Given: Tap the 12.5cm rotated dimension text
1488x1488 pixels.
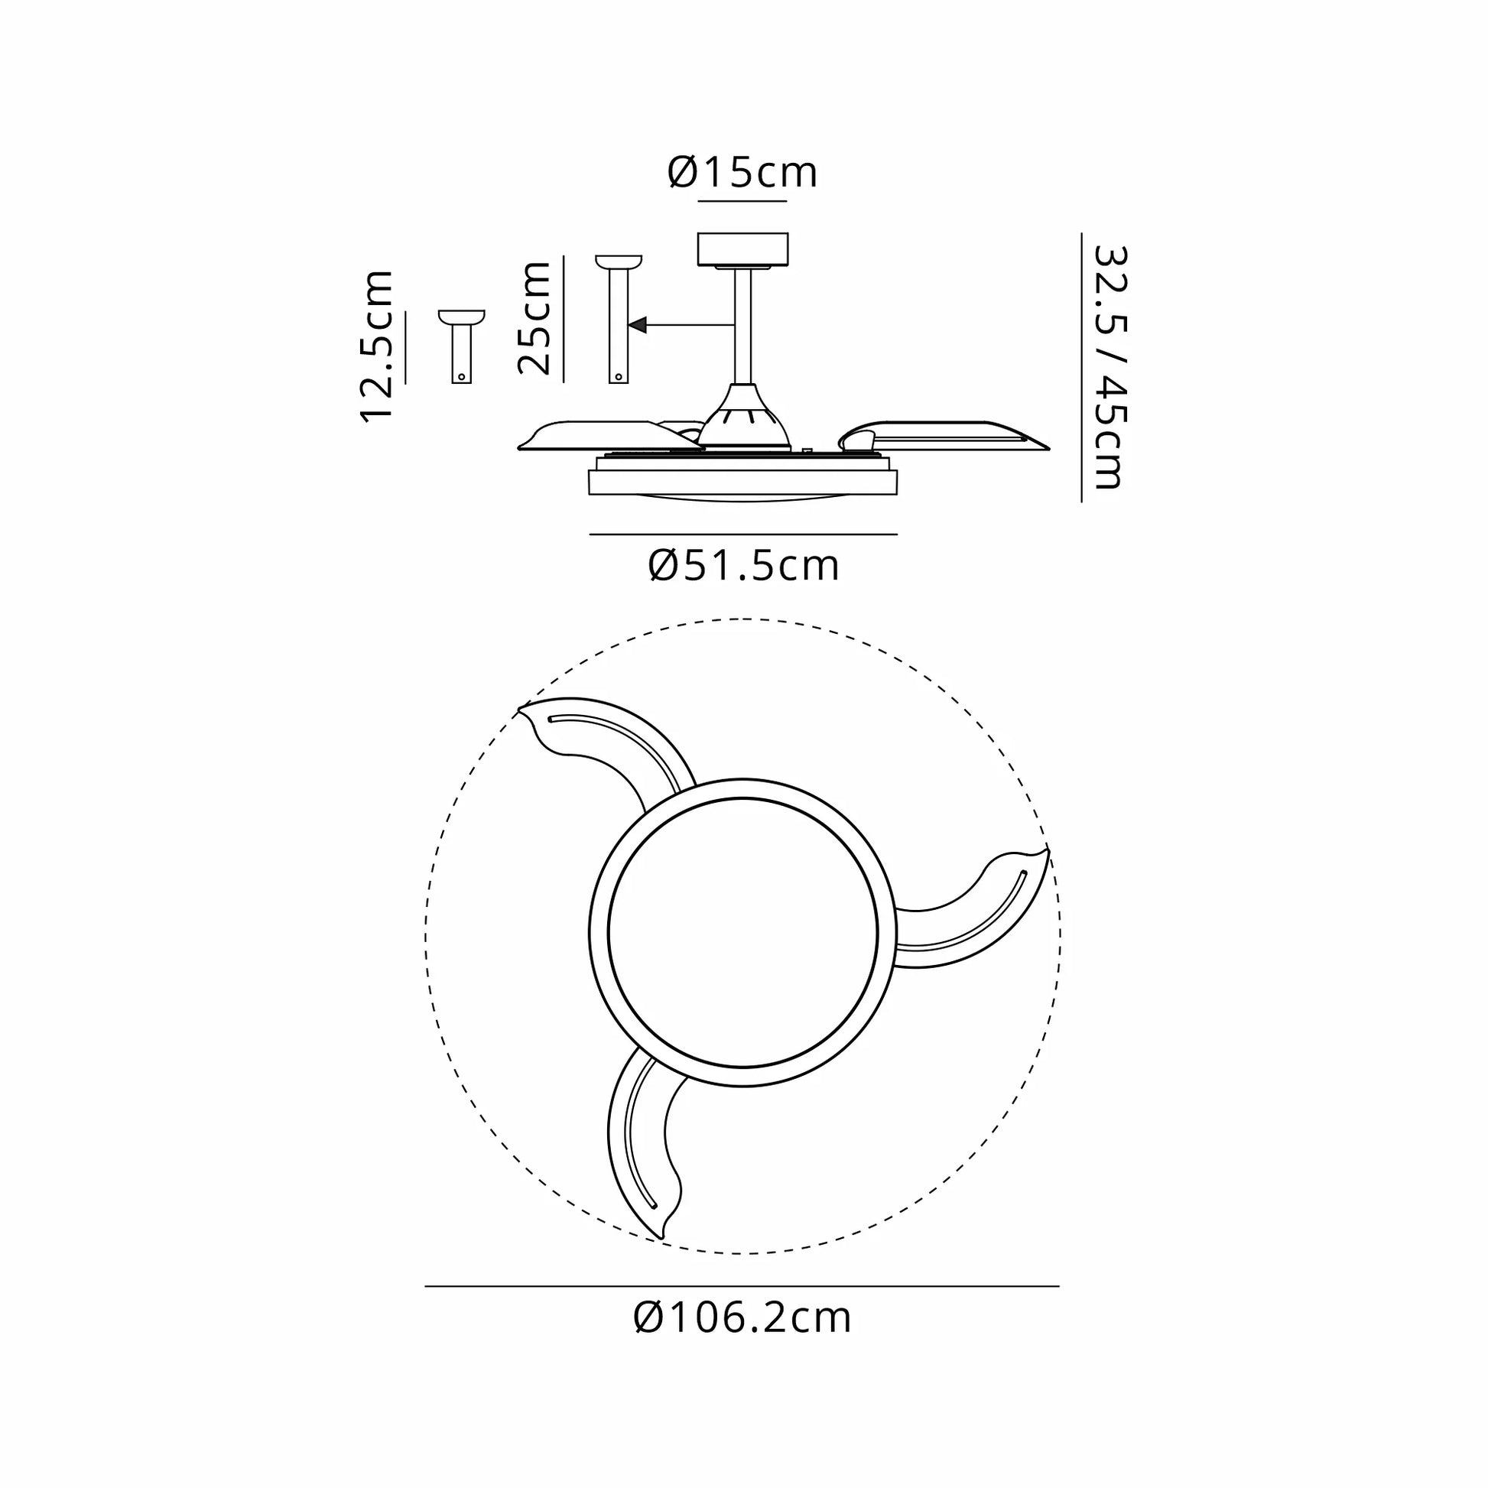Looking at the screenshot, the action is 378,346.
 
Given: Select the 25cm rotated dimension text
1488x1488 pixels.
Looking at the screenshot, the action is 534,318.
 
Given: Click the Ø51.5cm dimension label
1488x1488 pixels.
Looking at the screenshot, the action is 744,565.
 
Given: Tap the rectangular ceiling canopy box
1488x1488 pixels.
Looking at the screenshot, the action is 742,249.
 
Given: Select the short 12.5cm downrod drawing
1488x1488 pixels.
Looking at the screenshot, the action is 461,346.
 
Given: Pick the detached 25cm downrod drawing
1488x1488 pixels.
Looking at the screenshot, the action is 619,318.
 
